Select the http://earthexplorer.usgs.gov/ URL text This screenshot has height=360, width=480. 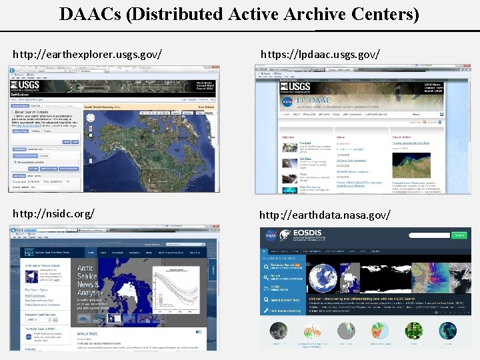(x=88, y=52)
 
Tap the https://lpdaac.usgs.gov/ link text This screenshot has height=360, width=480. (x=320, y=52)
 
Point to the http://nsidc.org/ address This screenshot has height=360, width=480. (x=54, y=213)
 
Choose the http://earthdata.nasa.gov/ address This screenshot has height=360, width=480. (x=325, y=215)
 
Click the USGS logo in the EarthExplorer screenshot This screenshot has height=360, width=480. (x=25, y=86)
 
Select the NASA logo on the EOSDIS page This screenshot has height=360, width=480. (x=272, y=235)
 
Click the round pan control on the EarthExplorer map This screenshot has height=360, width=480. (x=92, y=119)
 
